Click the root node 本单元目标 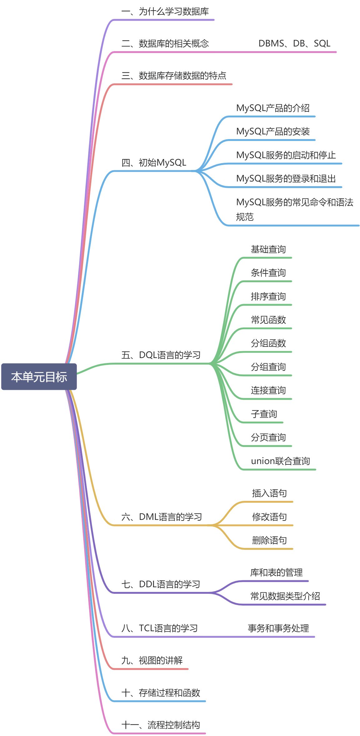point(39,377)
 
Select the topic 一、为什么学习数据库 point(165,12)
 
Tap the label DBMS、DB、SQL point(294,44)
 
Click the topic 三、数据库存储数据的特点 point(174,76)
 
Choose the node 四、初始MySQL point(154,162)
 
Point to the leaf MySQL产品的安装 point(273,132)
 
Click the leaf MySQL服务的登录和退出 point(286,179)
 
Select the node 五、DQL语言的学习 point(161,355)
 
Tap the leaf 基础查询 point(268,249)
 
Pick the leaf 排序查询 point(268,297)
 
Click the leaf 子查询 point(264,414)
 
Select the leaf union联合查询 point(280,461)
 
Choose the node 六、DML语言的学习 point(162,517)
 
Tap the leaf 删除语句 point(270,540)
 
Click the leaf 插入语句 point(270,493)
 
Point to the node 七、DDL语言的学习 point(161,584)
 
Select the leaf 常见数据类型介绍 point(285,596)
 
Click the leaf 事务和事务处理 point(278,628)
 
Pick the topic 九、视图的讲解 point(152,660)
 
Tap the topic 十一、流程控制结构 point(161,725)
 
